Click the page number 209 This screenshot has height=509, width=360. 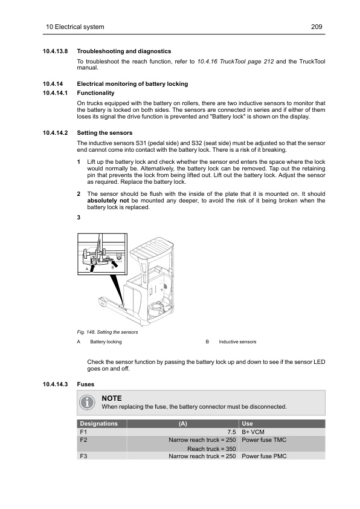click(317, 27)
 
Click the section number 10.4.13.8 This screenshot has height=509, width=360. click(55, 51)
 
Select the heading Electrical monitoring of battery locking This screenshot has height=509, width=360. click(132, 84)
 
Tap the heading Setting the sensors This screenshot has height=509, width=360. click(104, 133)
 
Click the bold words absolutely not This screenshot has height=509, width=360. click(108, 201)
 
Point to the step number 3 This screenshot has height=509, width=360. click(79, 218)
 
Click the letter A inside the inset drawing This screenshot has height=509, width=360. click(87, 269)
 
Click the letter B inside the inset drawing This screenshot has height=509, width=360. click(112, 267)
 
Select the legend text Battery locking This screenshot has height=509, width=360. click(106, 342)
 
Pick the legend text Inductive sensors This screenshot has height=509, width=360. click(237, 342)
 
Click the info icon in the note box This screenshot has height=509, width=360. click(87, 403)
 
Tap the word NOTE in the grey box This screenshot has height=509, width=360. click(112, 398)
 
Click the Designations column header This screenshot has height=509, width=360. click(98, 424)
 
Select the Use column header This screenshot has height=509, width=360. click(247, 424)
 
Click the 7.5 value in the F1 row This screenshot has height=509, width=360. click(231, 432)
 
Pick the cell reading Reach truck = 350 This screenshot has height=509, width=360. click(211, 449)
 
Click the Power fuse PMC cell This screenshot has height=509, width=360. click(264, 456)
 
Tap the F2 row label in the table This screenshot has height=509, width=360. click(83, 440)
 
